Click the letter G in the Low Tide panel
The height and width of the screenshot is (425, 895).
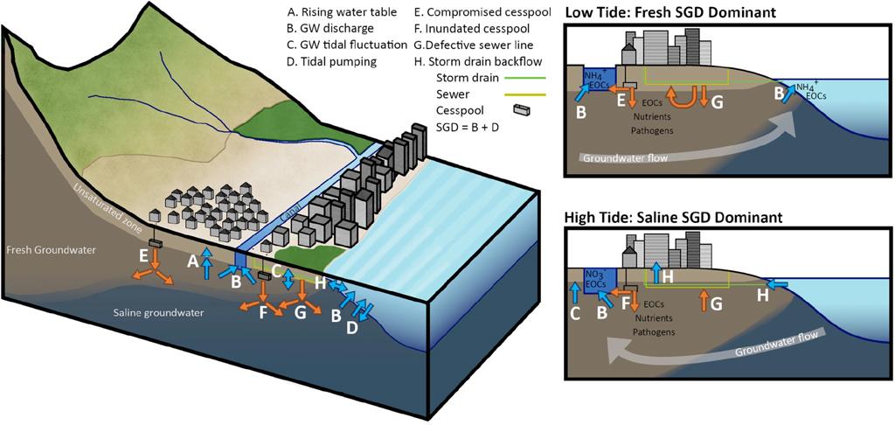pos(717,104)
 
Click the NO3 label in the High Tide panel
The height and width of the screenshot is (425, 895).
pos(594,273)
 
